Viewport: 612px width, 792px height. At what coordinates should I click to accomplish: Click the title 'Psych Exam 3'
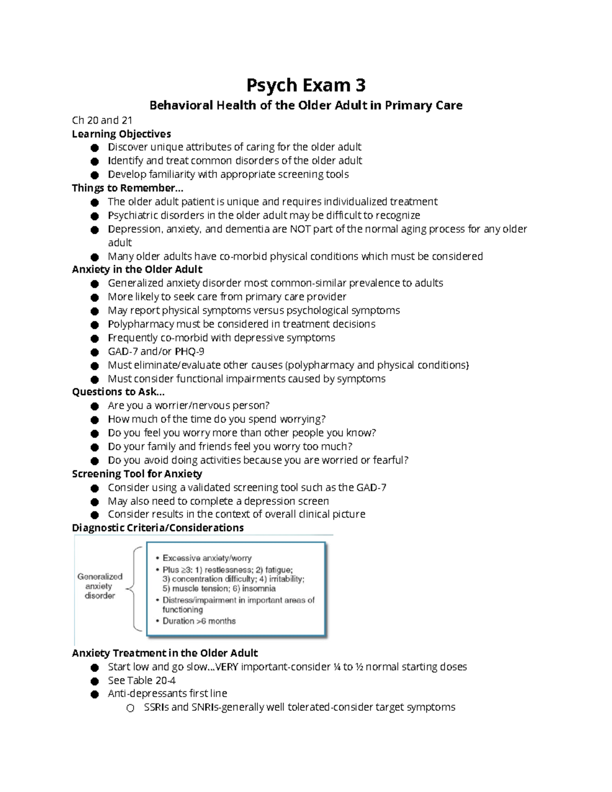[x=306, y=85]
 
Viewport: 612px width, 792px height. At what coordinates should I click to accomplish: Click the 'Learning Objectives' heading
[x=121, y=134]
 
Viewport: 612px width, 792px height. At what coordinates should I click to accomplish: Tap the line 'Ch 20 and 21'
[x=102, y=120]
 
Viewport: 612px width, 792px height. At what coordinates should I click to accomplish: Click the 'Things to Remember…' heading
[x=127, y=188]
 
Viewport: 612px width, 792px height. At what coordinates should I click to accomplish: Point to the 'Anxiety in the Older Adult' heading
[x=137, y=269]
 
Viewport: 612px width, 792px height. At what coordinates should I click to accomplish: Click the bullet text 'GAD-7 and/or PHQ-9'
[x=156, y=351]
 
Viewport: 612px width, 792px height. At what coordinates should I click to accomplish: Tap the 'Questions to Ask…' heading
[x=118, y=392]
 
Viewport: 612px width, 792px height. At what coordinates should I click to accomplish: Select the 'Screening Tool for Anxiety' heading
[x=137, y=474]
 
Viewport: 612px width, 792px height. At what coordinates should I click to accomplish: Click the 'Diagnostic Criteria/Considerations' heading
[x=158, y=528]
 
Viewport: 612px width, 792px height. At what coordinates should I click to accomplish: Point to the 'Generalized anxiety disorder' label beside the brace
[x=100, y=586]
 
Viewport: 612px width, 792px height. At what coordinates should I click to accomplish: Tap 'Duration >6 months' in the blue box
[x=199, y=621]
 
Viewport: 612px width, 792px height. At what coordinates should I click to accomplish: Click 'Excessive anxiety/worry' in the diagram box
[x=207, y=558]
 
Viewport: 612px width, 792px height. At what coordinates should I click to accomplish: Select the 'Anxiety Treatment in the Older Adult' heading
[x=165, y=653]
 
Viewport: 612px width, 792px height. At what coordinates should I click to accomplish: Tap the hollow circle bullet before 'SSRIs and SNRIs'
[x=130, y=708]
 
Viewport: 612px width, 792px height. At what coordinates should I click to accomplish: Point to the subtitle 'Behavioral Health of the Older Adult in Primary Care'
[x=305, y=106]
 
